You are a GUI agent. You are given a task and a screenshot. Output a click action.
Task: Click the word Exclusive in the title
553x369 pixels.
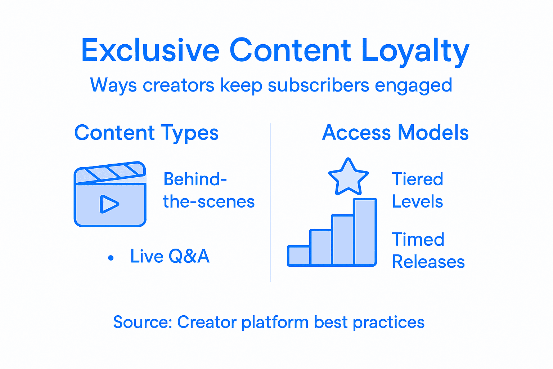pyautogui.click(x=150, y=50)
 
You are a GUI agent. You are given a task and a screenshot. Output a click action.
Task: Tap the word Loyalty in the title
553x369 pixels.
pyautogui.click(x=415, y=51)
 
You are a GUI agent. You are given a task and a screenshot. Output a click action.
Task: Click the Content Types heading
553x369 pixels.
pyautogui.click(x=146, y=133)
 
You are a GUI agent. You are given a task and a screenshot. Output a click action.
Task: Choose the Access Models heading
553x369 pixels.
pyautogui.click(x=395, y=133)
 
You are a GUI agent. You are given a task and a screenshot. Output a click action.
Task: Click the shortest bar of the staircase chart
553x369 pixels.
pyautogui.click(x=299, y=255)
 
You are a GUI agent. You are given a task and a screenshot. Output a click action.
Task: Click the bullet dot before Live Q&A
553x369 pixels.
pyautogui.click(x=111, y=258)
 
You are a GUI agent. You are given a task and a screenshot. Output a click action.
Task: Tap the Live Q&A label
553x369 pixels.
pyautogui.click(x=170, y=256)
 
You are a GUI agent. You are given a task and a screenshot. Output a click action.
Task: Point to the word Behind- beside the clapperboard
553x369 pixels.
pyautogui.click(x=195, y=179)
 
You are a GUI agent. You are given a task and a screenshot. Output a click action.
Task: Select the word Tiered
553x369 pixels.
pyautogui.click(x=417, y=179)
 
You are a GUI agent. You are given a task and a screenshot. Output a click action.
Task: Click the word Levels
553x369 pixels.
pyautogui.click(x=417, y=201)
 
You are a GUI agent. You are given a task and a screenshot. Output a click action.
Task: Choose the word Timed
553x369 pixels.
pyautogui.click(x=418, y=240)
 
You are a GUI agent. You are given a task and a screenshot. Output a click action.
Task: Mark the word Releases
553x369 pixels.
pyautogui.click(x=428, y=262)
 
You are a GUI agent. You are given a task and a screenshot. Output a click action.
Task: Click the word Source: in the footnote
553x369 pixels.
pyautogui.click(x=143, y=322)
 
